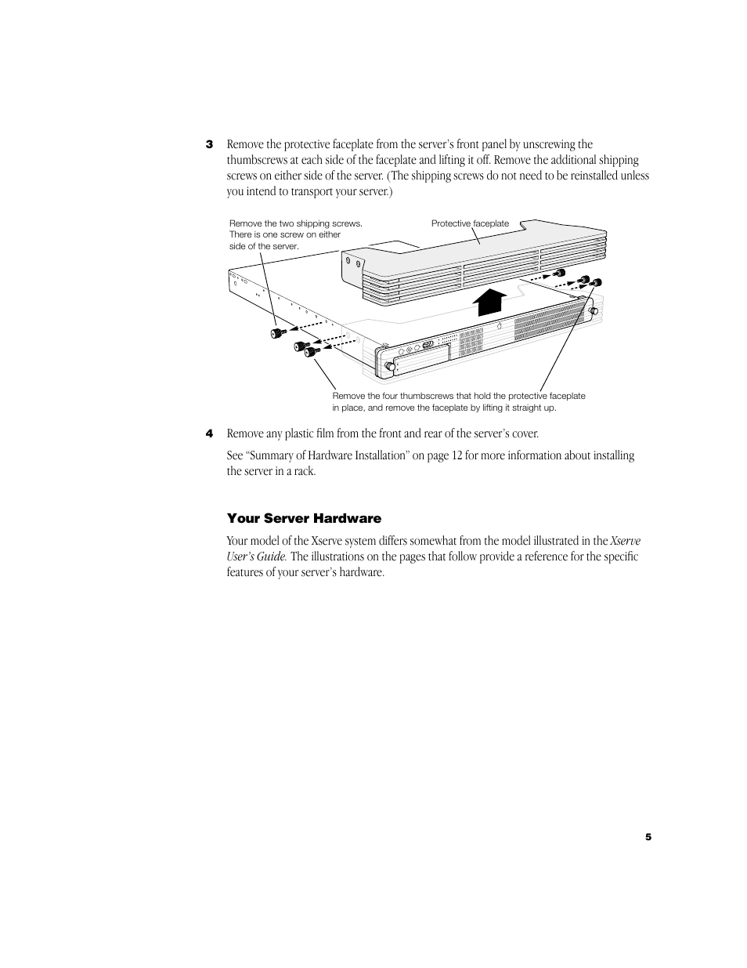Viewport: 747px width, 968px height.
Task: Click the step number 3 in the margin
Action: (209, 144)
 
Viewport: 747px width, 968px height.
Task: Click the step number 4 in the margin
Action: (209, 433)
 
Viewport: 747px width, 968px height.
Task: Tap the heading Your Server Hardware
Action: (304, 518)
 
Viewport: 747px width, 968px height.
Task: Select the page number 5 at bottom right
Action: (648, 837)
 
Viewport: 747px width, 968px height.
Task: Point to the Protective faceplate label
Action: (470, 223)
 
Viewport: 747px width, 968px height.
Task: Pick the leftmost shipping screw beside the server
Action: (276, 335)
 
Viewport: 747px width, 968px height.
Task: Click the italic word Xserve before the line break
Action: (625, 541)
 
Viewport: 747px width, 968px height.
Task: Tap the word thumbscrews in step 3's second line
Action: (258, 160)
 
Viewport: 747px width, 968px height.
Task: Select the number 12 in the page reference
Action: (456, 455)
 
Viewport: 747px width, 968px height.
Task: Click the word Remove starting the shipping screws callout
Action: (245, 223)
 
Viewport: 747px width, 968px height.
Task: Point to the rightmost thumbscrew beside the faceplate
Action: (596, 283)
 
